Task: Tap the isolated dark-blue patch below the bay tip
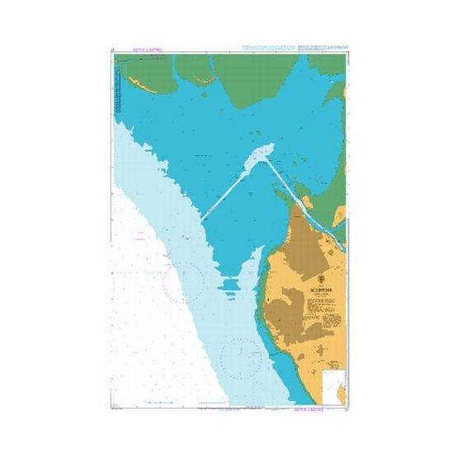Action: (x=232, y=286)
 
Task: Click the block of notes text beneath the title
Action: (x=318, y=309)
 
